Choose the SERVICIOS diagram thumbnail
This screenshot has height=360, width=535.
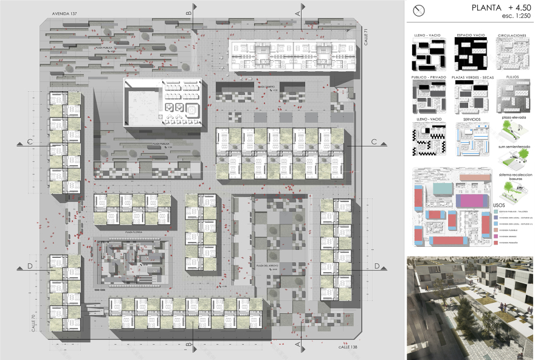[x=472, y=138]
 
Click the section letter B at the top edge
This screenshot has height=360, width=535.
[x=189, y=11]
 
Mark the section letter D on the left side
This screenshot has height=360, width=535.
[x=29, y=265]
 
